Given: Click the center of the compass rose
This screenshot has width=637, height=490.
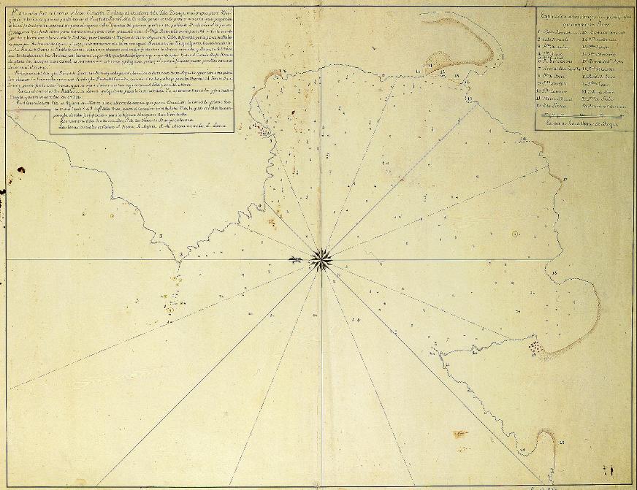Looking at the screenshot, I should point(320,259).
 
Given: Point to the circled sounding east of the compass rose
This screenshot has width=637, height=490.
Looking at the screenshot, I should point(515,234).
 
